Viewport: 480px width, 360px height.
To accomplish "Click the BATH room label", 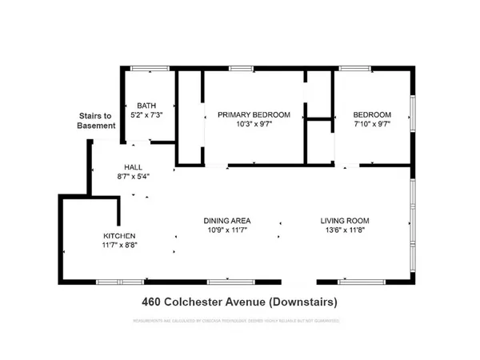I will (x=146, y=105).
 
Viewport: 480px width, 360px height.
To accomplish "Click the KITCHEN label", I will (x=119, y=236).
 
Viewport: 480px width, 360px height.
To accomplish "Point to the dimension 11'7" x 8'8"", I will (x=119, y=246).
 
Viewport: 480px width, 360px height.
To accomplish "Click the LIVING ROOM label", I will (x=346, y=221).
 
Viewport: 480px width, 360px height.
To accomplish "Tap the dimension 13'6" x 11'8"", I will (x=346, y=231).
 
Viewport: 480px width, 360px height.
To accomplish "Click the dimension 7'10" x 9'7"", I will (x=373, y=125).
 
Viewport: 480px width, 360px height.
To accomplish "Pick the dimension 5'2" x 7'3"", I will (x=146, y=114).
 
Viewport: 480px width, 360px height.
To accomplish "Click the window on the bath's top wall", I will (x=146, y=68).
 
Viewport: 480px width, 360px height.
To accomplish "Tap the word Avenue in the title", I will (x=243, y=302).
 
